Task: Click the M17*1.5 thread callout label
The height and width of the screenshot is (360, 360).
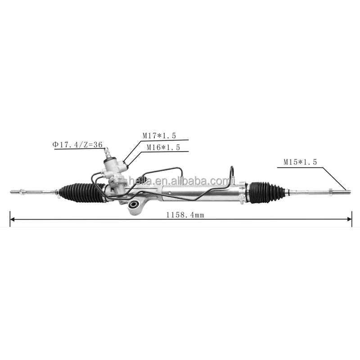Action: pyautogui.click(x=159, y=136)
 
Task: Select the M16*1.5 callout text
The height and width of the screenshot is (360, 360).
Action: pyautogui.click(x=163, y=148)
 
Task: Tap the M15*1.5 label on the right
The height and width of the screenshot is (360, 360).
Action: pyautogui.click(x=300, y=162)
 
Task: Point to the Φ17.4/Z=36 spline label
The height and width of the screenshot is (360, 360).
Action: pyautogui.click(x=77, y=144)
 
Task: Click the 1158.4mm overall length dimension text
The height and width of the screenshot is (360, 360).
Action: pyautogui.click(x=185, y=215)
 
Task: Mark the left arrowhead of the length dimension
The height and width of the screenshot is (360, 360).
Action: pyautogui.click(x=13, y=220)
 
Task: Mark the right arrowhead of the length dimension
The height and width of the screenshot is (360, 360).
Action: pyautogui.click(x=350, y=219)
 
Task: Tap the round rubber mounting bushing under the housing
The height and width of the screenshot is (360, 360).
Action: pyautogui.click(x=133, y=205)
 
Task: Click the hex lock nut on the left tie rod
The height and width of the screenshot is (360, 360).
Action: pyautogui.click(x=22, y=192)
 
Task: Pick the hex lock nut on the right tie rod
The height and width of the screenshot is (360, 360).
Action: pyautogui.click(x=331, y=192)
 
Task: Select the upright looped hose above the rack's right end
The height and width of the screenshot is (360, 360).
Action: pyautogui.click(x=232, y=174)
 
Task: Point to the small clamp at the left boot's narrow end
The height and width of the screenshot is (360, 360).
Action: pyautogui.click(x=58, y=193)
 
